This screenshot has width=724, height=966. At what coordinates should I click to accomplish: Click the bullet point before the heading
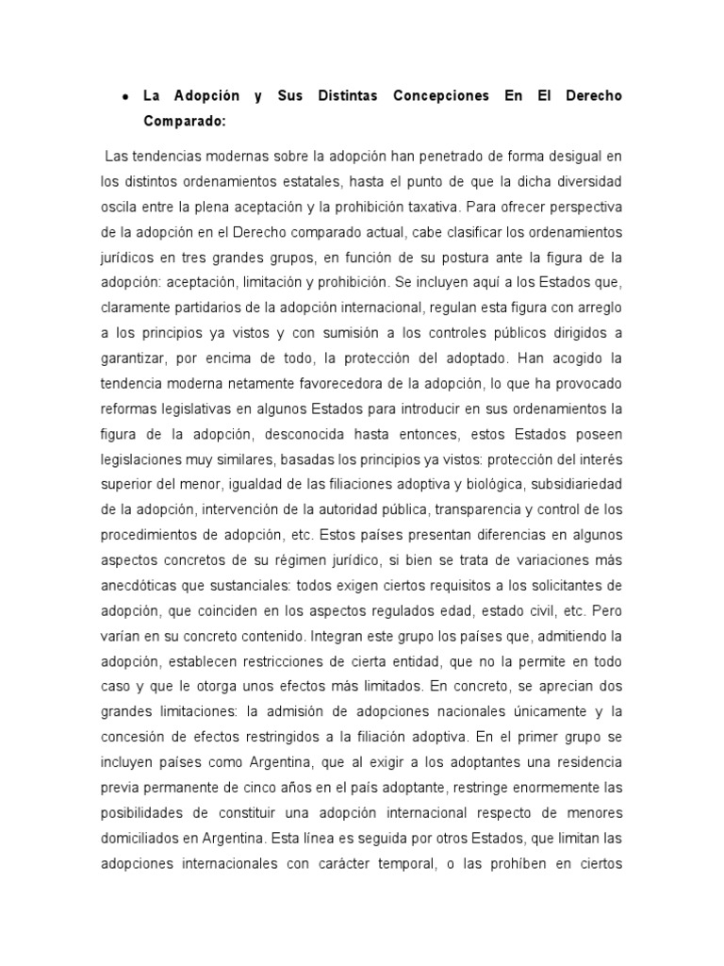coord(125,97)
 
